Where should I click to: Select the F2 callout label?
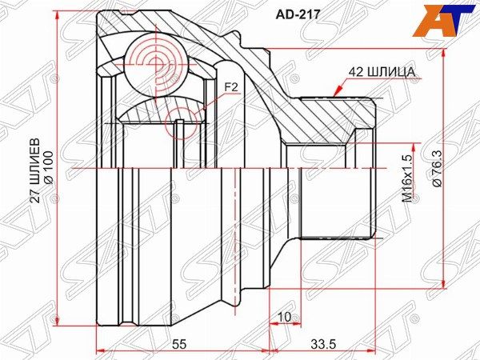[x=230, y=86]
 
